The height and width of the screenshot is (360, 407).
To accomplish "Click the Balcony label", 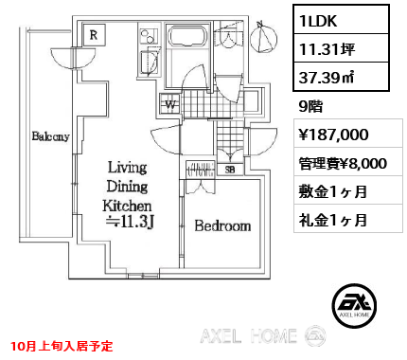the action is coord(50,136).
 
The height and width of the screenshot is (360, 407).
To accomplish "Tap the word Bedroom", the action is coord(222,225).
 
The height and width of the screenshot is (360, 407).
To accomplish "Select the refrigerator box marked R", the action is coord(94,35).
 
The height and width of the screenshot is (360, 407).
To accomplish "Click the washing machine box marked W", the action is coord(170,104).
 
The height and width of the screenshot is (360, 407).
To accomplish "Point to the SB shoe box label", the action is coord(230,170).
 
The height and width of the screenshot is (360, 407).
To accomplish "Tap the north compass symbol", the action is coord(263,38).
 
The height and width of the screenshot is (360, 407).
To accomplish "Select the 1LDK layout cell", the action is coord(341,20).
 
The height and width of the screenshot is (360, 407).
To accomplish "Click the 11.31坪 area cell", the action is coord(341,48).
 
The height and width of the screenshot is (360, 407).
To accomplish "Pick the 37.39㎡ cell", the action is coord(341,77).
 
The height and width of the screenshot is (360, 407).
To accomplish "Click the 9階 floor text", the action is coord(310,106).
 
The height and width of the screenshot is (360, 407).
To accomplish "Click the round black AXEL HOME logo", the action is coord(354,305).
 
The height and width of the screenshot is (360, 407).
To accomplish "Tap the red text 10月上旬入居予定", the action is coord(62,346).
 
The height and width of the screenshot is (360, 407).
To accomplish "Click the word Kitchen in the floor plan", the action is coord(127,206).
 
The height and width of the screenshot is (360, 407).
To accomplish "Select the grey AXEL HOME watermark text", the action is coord(248,335).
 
